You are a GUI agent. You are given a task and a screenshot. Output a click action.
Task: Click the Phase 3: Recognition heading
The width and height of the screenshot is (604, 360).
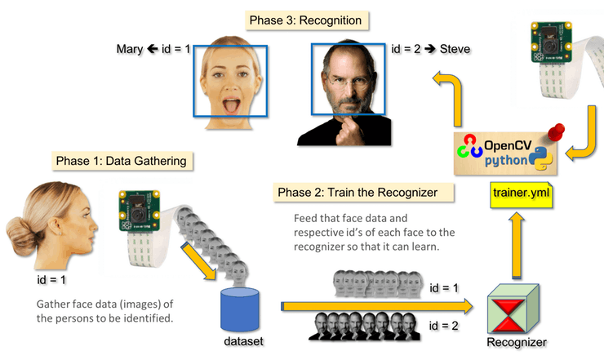pyautogui.click(x=307, y=20)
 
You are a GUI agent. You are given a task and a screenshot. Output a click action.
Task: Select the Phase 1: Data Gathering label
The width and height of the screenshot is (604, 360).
pyautogui.click(x=122, y=161)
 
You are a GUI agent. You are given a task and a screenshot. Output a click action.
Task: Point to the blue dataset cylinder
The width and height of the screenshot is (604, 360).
pyautogui.click(x=240, y=309)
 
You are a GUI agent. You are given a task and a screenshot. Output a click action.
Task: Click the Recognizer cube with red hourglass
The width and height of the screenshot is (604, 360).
pyautogui.click(x=513, y=309)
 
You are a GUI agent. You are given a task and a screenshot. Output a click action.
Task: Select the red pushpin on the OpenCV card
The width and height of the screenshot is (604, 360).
pyautogui.click(x=556, y=131)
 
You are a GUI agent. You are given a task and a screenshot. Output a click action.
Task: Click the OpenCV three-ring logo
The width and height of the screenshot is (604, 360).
pyautogui.click(x=469, y=146)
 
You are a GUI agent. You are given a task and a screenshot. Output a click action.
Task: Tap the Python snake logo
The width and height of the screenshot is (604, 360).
pyautogui.click(x=541, y=159)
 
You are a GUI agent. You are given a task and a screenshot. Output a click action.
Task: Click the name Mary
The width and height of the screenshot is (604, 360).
pyautogui.click(x=130, y=49)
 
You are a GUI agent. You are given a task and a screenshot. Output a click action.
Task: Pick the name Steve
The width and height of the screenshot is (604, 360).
pyautogui.click(x=455, y=49)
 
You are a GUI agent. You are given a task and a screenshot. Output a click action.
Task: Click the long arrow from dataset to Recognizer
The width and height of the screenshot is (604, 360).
pyautogui.click(x=377, y=306)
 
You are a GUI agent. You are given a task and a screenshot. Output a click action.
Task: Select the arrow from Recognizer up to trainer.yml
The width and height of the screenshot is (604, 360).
pyautogui.click(x=516, y=246)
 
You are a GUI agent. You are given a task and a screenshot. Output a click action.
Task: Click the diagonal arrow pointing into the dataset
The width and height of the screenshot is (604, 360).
pyautogui.click(x=199, y=261)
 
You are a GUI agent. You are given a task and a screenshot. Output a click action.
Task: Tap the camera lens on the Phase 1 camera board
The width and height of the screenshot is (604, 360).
pyautogui.click(x=139, y=215)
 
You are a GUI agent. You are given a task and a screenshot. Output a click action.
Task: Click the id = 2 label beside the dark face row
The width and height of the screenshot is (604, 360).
pyautogui.click(x=444, y=326)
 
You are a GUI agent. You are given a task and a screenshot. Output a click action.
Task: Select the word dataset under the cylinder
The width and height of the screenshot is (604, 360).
pyautogui.click(x=243, y=341)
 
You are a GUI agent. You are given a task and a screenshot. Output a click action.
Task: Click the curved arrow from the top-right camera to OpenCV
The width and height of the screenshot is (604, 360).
pyautogui.click(x=585, y=136)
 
